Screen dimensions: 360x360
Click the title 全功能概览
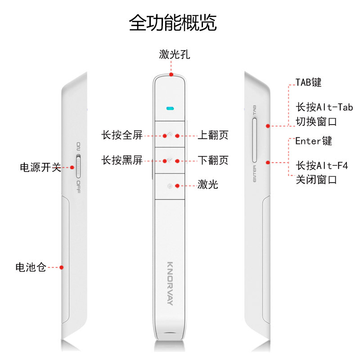coord(173,22)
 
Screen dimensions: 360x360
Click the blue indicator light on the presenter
coord(170,108)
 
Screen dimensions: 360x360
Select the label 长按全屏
coord(121,135)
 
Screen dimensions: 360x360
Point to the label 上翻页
coord(213,135)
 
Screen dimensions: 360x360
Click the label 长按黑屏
coord(121,160)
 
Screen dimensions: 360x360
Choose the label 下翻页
coord(213,160)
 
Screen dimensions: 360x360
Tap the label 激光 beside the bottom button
coord(208,184)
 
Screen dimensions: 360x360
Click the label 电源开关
coord(40,167)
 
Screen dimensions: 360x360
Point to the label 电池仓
coord(31,267)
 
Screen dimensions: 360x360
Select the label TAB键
coord(308,82)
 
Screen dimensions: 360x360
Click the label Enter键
coord(314,141)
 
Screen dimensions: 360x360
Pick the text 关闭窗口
coord(316,180)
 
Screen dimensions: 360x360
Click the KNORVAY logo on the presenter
coord(170,283)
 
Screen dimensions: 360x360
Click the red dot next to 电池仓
coord(62,267)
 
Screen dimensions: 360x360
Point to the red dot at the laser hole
coord(171,75)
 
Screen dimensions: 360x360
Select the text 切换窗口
coord(316,122)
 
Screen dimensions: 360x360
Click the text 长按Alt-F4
coord(322,165)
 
